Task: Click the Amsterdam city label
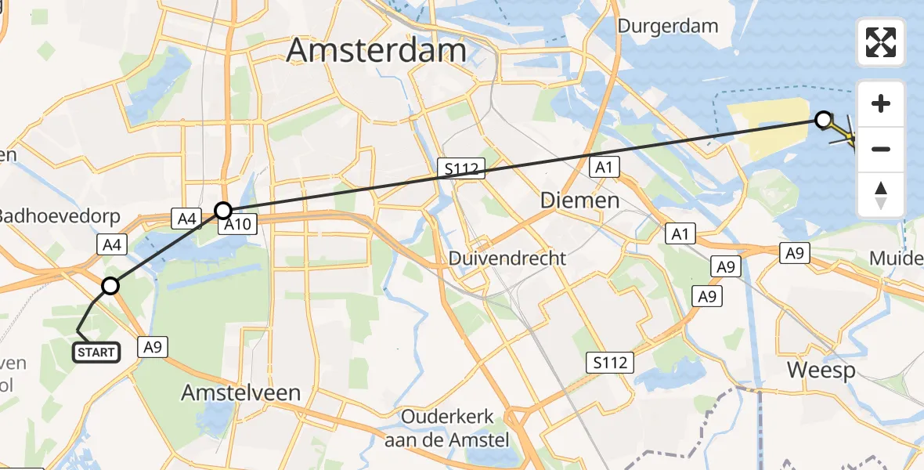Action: [377, 50]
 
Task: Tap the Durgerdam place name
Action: [667, 26]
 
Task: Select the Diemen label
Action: [580, 201]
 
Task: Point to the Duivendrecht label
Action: [507, 258]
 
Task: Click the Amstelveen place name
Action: [241, 392]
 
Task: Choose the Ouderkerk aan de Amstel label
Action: [447, 428]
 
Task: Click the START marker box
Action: [96, 352]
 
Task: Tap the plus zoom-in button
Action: [881, 103]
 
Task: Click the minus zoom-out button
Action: [881, 149]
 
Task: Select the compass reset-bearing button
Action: [881, 194]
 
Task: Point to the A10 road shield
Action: [236, 226]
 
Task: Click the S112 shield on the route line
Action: [462, 168]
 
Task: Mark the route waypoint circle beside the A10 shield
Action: [223, 210]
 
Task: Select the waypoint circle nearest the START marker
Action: [110, 286]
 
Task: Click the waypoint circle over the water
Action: [823, 120]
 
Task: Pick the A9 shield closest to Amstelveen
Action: [153, 347]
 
